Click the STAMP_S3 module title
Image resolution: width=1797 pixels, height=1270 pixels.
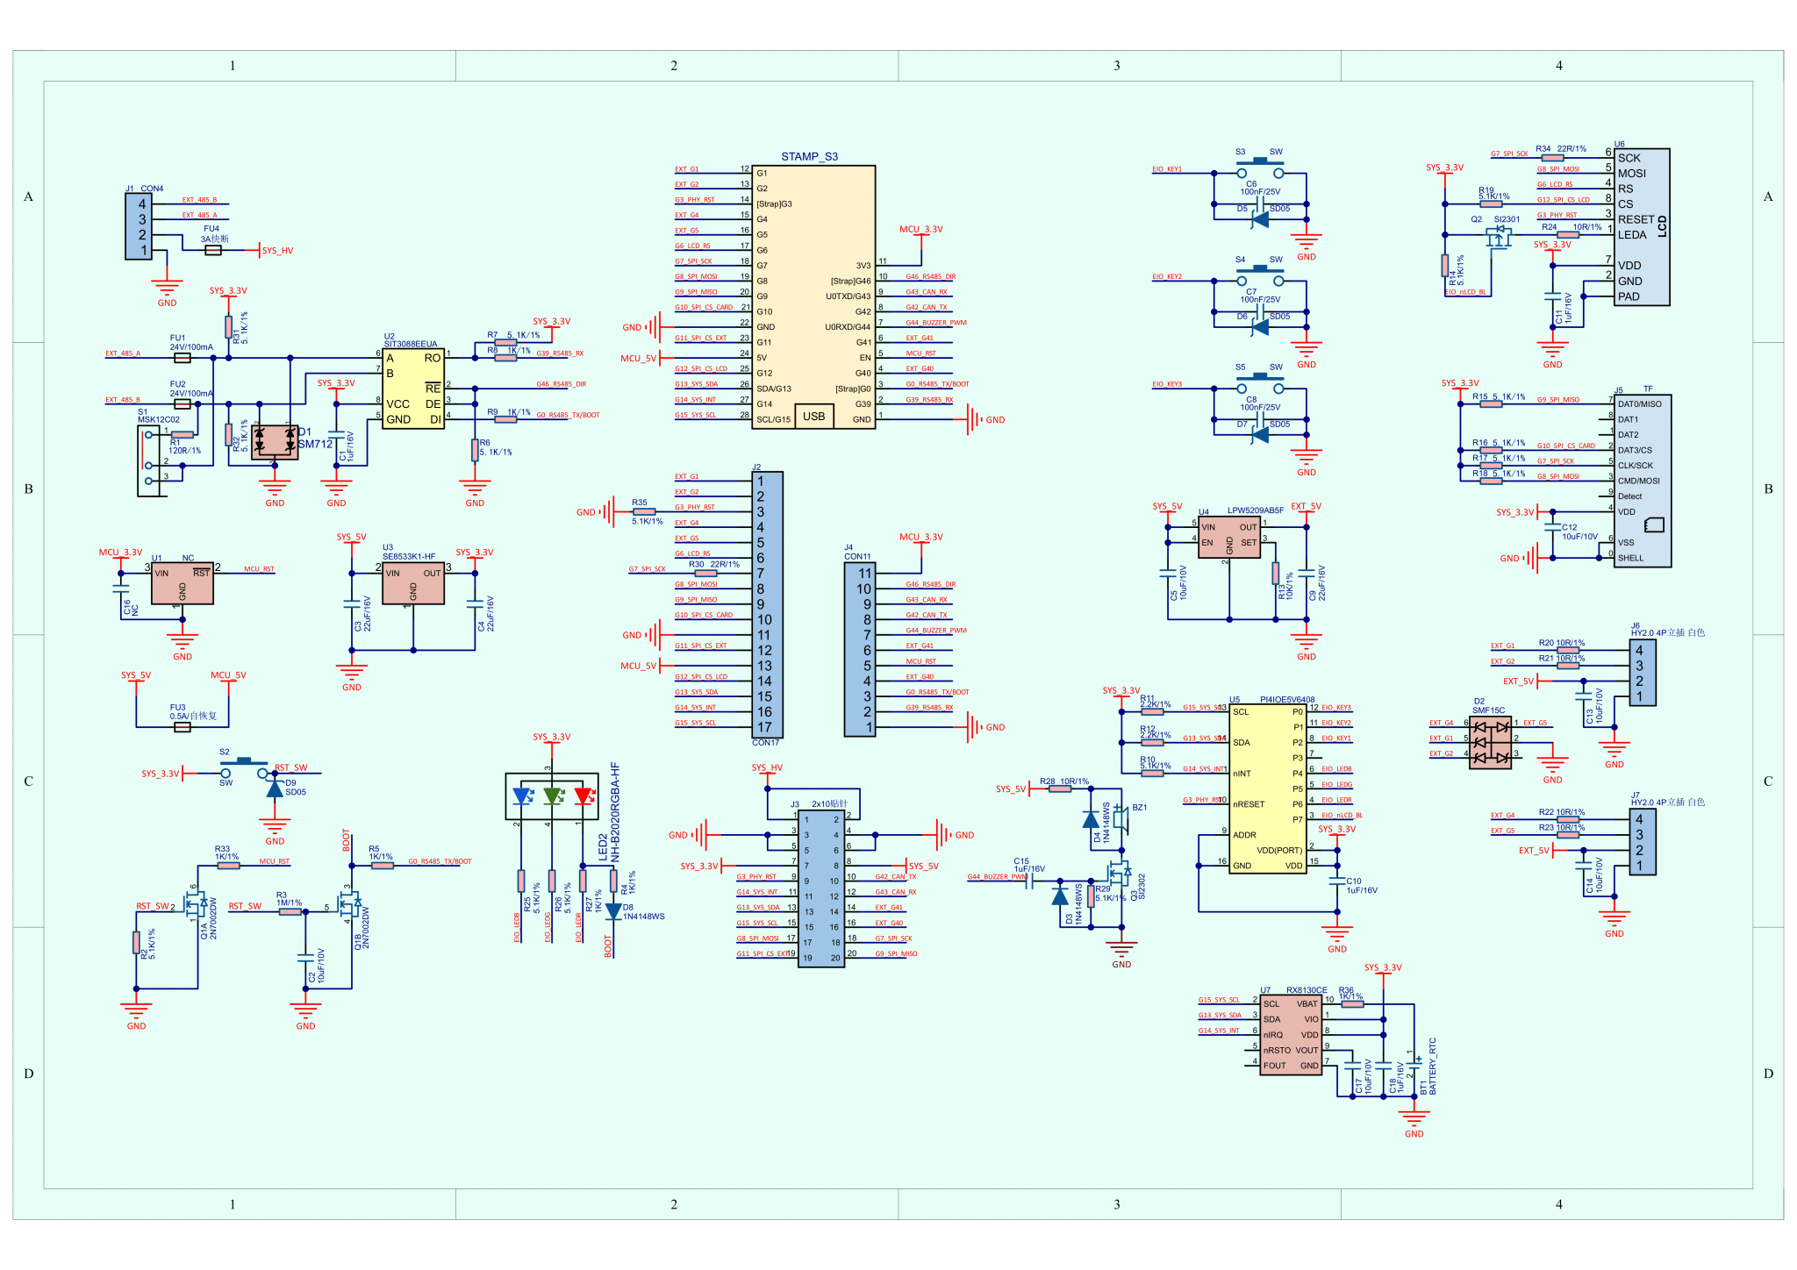pos(809,157)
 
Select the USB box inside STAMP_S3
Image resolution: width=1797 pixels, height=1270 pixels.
pos(813,416)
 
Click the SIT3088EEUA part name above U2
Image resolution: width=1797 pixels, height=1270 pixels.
pos(410,345)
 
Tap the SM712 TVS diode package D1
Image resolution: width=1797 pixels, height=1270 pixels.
pos(275,442)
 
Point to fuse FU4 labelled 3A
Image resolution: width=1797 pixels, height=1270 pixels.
pos(213,250)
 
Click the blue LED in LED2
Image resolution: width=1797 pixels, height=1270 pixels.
pos(522,796)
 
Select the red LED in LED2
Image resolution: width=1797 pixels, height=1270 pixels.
pos(583,796)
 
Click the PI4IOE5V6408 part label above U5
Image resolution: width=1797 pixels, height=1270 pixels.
pos(1287,700)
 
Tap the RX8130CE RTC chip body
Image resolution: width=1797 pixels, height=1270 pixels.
pos(1291,1035)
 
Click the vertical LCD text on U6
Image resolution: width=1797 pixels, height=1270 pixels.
pos(1662,225)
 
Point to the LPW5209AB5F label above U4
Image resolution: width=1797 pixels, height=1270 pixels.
pos(1255,510)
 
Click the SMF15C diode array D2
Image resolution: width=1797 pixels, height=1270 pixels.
pos(1490,743)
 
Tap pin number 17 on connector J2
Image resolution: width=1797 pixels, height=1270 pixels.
pos(764,727)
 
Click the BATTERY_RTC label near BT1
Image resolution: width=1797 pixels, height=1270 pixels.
pos(1433,1066)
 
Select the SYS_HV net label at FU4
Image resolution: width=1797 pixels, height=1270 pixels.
pos(277,251)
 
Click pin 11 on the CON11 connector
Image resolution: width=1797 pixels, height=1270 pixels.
pos(864,574)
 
